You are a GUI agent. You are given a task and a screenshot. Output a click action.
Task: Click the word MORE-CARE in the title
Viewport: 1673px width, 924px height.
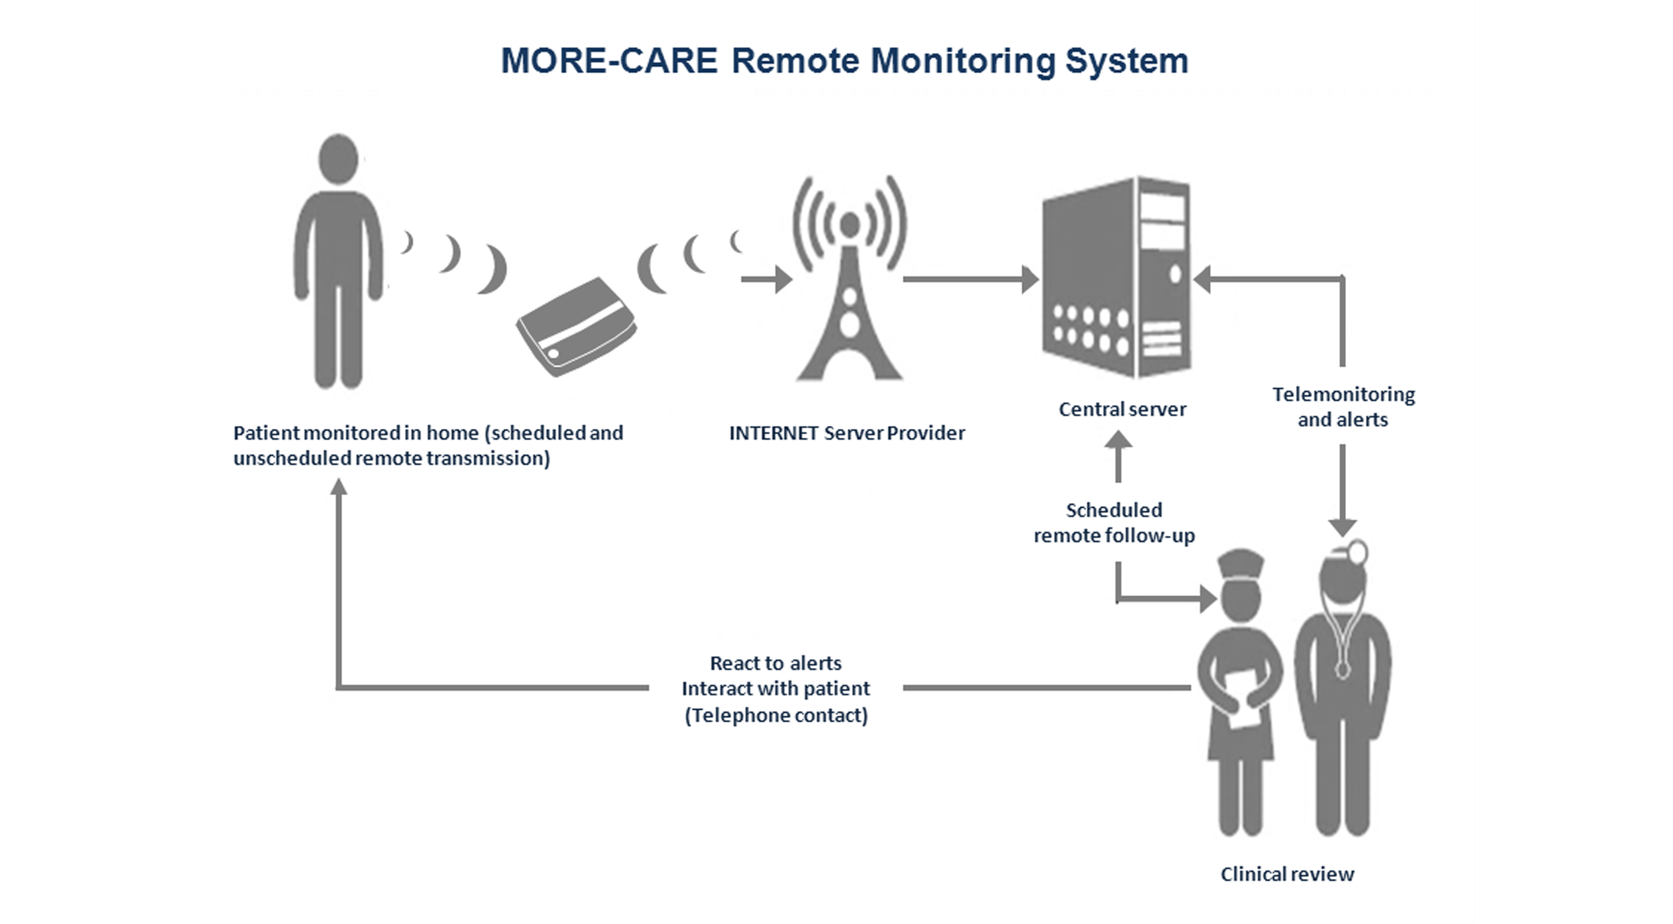coord(608,60)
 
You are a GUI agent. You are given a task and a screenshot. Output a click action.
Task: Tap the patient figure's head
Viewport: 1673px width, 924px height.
coord(338,160)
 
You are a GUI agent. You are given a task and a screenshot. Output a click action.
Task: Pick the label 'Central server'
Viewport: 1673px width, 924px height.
coord(1122,409)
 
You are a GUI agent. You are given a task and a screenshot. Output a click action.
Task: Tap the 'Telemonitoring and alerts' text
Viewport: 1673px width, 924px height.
coord(1343,406)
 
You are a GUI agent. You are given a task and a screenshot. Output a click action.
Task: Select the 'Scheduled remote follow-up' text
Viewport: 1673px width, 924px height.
coord(1114,523)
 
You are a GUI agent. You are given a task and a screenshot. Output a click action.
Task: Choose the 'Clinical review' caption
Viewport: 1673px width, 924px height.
coord(1287,874)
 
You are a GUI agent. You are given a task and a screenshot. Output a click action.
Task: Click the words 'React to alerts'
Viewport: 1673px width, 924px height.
coord(776,663)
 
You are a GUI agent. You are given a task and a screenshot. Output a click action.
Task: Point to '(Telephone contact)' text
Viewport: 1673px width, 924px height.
coord(776,715)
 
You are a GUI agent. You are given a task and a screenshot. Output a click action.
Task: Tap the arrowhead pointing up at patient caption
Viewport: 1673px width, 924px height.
coord(338,487)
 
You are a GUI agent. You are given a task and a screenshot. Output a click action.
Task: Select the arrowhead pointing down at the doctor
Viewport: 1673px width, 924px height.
coord(1342,527)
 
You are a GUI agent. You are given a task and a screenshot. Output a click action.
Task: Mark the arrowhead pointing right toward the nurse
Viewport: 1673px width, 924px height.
coord(1208,599)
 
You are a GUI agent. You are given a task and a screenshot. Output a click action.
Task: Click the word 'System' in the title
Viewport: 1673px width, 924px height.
coord(1127,60)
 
